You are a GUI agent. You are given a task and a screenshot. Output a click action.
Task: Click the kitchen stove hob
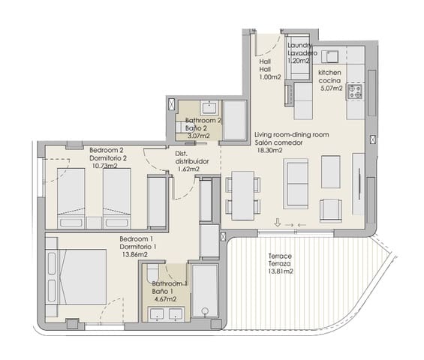(x=355, y=91)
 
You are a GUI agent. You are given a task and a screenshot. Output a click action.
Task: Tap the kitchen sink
(x=330, y=56)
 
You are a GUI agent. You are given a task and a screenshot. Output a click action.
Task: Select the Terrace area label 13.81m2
(x=281, y=271)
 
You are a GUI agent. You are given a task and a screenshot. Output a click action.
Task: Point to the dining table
(x=243, y=196)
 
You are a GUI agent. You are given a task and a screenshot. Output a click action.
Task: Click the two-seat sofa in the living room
(x=296, y=184)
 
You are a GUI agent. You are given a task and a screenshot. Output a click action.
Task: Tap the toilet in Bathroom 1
(x=153, y=272)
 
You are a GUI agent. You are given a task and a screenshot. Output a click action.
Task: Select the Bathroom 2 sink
(x=209, y=107)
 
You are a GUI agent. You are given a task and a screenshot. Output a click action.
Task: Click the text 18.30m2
(x=269, y=150)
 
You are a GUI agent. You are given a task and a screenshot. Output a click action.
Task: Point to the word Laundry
(x=300, y=45)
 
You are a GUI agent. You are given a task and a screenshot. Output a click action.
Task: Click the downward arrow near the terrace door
(x=278, y=223)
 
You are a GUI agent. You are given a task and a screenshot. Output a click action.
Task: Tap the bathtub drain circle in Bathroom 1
(x=205, y=310)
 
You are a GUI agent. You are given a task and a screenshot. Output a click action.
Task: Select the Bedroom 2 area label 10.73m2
(x=105, y=166)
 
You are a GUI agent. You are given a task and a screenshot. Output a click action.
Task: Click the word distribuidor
(x=192, y=161)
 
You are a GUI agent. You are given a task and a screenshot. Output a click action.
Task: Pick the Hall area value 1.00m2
(x=270, y=77)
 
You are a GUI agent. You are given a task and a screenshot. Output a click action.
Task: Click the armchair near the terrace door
(x=330, y=211)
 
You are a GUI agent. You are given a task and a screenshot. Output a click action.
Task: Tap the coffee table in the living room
(x=330, y=172)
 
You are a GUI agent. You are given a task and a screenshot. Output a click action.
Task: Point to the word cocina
(x=329, y=80)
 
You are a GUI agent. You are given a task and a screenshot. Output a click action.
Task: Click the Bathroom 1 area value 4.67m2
(x=165, y=299)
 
